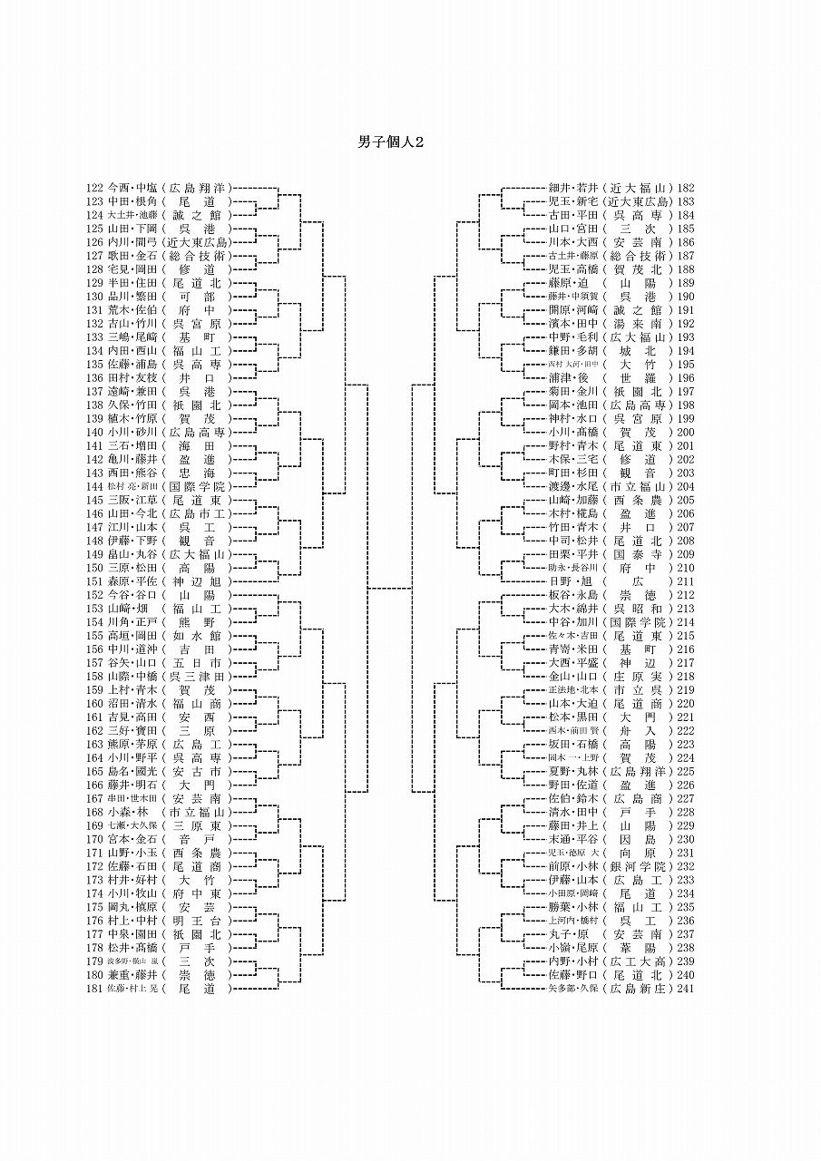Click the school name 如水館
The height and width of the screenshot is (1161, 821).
pos(197,636)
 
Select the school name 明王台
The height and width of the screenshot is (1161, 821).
pos(197,921)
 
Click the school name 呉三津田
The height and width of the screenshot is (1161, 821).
pos(197,676)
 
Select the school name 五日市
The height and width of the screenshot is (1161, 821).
pos(197,662)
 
